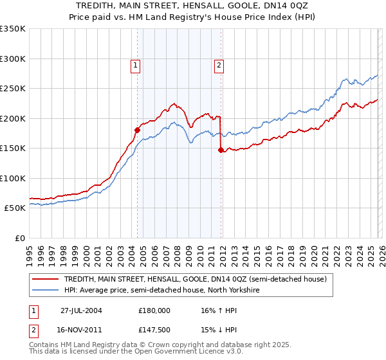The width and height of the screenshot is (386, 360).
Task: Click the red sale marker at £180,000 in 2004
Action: click(x=137, y=130)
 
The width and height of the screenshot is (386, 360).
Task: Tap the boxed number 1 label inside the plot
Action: click(x=136, y=64)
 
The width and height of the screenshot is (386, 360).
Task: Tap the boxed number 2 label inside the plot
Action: click(x=219, y=64)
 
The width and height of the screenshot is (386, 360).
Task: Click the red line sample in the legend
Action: click(x=46, y=279)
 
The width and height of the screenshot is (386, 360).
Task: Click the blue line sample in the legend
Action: click(x=46, y=290)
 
